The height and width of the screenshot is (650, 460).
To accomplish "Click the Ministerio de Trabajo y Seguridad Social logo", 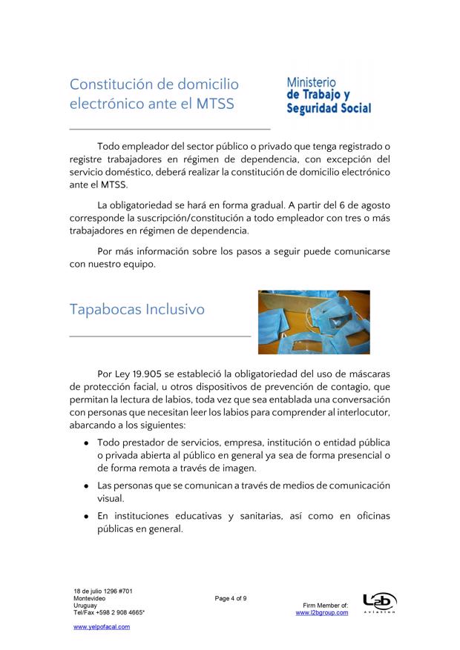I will click(329, 96).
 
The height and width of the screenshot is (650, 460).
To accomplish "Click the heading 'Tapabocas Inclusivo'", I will click(137, 309).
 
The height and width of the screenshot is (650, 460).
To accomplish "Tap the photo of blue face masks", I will click(313, 322).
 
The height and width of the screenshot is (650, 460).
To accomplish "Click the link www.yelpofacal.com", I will click(102, 626).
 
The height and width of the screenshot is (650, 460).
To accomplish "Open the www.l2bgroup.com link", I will click(321, 613).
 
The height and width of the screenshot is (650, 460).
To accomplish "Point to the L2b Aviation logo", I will click(378, 603).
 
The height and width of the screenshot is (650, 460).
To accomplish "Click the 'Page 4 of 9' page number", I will click(231, 597).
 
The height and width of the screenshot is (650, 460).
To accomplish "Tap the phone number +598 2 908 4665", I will click(119, 613).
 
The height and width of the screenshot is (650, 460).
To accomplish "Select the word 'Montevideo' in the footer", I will click(89, 597).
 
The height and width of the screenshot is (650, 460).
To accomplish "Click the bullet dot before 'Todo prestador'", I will click(87, 442).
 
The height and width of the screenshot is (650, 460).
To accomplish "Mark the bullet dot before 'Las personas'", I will click(87, 485).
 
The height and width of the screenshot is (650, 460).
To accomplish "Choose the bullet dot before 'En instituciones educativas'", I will click(87, 516).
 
